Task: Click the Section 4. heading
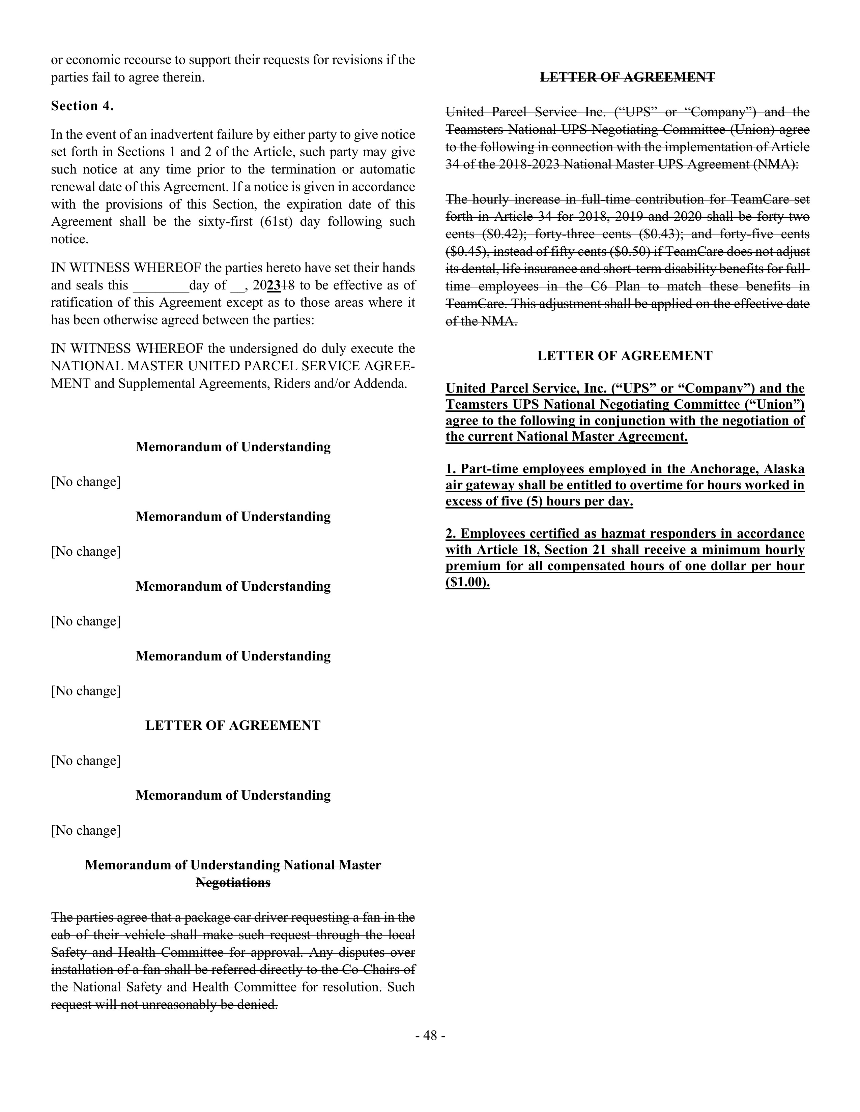click(82, 106)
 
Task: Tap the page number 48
click(431, 1036)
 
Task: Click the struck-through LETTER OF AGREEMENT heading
click(627, 78)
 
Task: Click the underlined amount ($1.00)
click(467, 583)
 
